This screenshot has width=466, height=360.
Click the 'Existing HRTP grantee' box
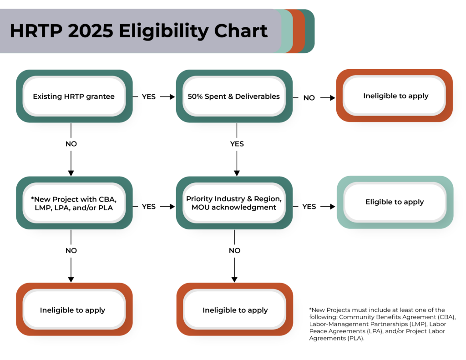click(74, 96)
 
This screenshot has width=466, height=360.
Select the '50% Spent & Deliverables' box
click(234, 96)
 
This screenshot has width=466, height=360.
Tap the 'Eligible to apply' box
click(395, 202)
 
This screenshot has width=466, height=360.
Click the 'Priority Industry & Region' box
click(234, 203)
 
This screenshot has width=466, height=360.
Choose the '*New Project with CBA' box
click(74, 203)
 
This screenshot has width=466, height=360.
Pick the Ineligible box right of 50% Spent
click(395, 96)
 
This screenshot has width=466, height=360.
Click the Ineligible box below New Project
click(74, 309)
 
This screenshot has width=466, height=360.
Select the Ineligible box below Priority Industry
click(235, 309)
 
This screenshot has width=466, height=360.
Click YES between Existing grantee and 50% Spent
click(149, 96)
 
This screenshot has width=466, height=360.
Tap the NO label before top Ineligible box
click(309, 98)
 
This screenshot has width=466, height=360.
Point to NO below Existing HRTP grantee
click(71, 144)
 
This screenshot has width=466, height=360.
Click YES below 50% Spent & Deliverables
click(237, 144)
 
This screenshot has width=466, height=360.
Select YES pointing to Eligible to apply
click(309, 206)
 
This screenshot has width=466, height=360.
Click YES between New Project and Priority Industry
click(149, 206)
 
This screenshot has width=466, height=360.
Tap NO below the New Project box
click(71, 251)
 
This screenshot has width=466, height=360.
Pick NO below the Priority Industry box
click(234, 251)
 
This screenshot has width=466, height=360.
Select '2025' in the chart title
click(91, 30)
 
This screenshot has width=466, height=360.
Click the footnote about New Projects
click(382, 324)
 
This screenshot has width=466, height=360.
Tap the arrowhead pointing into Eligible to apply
click(333, 206)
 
